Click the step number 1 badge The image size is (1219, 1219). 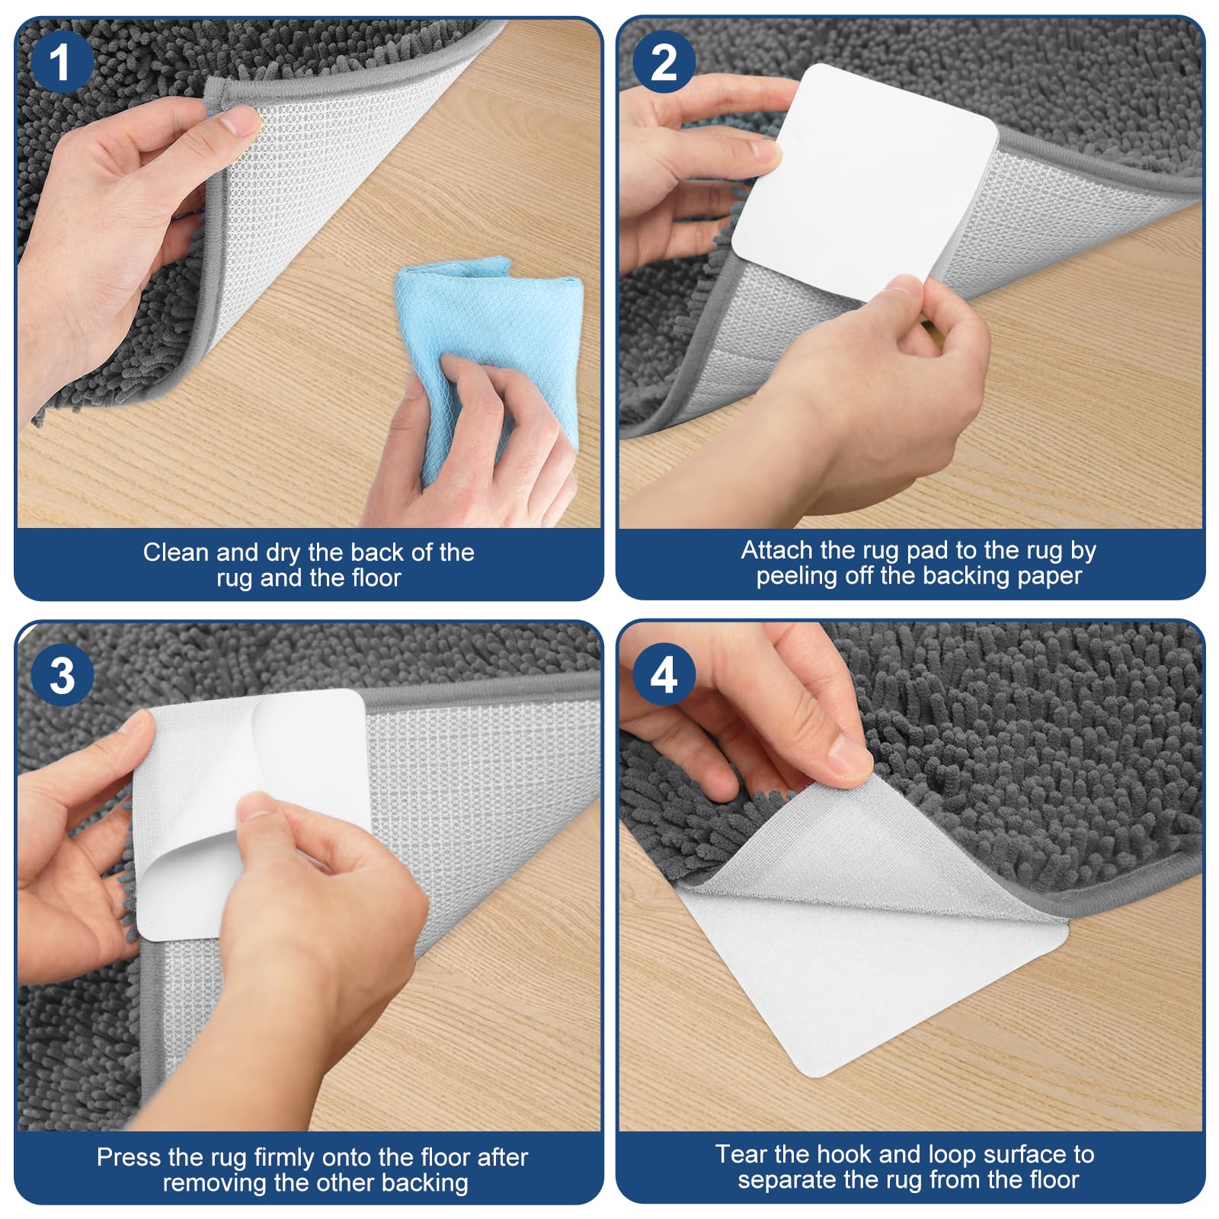point(62,62)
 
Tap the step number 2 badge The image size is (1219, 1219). point(664,62)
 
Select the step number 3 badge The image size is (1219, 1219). point(62,674)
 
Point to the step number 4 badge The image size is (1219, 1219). point(664,674)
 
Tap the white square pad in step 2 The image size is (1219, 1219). point(865,183)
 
